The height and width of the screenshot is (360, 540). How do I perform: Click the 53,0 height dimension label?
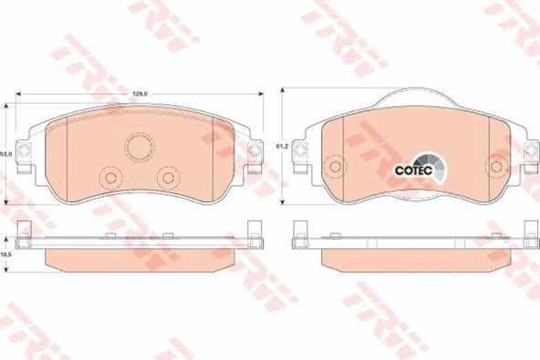pos(7,154)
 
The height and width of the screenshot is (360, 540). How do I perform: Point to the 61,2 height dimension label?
pos(281,146)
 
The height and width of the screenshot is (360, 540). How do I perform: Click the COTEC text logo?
pos(413,170)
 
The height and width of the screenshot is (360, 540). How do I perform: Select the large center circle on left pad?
pos(140,147)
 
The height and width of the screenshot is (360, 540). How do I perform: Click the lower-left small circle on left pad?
pos(110,178)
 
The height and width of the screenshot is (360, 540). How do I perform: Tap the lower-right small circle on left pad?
pos(169,178)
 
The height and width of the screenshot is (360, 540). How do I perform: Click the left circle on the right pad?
pos(335,167)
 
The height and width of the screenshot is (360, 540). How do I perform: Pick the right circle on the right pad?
pos(496,167)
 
